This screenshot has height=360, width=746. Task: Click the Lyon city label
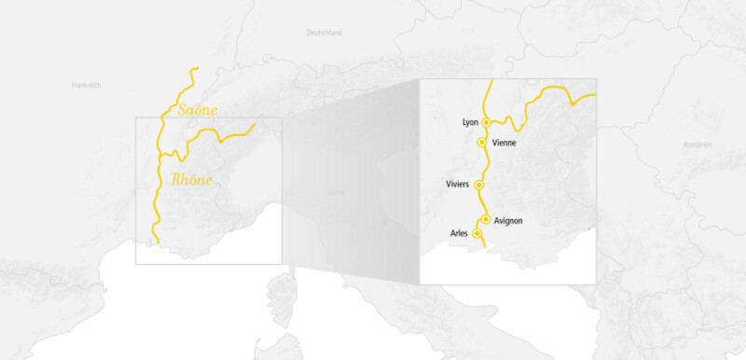(x=470, y=122)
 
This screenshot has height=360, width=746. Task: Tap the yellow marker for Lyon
(x=486, y=122)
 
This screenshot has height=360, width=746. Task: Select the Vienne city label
(x=504, y=143)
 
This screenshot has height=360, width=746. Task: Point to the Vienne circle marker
(x=481, y=143)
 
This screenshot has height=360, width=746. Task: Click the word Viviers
(x=459, y=185)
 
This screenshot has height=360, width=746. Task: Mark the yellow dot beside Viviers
(x=479, y=185)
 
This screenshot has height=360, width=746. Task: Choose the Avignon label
(x=509, y=220)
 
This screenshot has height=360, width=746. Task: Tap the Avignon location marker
(x=486, y=220)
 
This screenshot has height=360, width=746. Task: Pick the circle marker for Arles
(x=477, y=233)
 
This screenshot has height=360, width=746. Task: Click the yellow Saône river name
(x=197, y=110)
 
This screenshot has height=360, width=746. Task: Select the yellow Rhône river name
(x=192, y=180)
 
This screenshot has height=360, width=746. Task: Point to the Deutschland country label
(x=325, y=33)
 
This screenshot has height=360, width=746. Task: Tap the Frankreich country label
(x=86, y=85)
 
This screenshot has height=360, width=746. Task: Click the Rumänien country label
(x=697, y=145)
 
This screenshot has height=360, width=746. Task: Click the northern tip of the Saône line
(x=198, y=69)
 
